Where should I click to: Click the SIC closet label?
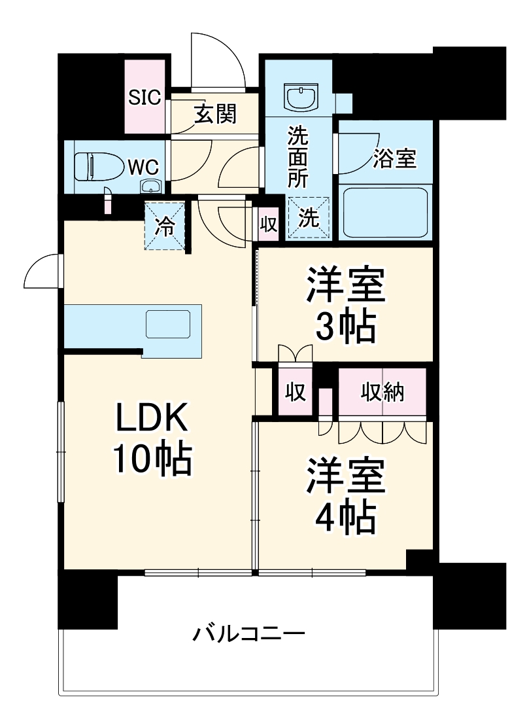(x=144, y=98)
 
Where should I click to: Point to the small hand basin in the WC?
(x=151, y=186)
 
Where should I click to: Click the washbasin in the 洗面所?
(x=301, y=98)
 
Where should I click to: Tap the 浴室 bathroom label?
(x=395, y=158)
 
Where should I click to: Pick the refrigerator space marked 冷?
(x=164, y=226)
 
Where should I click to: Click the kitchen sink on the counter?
(x=167, y=324)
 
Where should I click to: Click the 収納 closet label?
(x=383, y=392)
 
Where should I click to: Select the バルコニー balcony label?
(x=248, y=633)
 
